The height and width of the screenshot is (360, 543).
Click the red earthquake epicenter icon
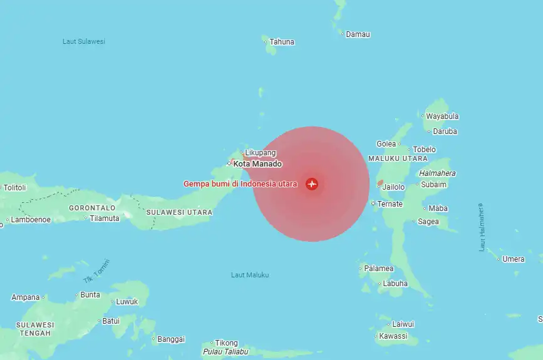click(x=312, y=184)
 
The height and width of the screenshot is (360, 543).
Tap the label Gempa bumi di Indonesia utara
click(x=240, y=184)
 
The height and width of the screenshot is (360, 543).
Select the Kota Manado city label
click(x=257, y=164)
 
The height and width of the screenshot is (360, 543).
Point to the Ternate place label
click(x=390, y=204)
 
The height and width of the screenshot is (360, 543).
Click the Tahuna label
click(x=282, y=42)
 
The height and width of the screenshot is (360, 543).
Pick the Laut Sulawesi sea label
click(x=84, y=41)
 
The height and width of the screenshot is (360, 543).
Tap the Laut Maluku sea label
click(x=250, y=275)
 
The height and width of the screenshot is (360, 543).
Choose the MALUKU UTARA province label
click(x=398, y=160)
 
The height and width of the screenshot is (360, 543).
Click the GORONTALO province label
click(x=92, y=207)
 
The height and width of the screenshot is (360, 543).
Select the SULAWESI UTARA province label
click(x=179, y=213)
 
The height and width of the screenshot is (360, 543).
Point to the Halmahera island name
click(x=437, y=173)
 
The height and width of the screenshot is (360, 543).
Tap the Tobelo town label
click(x=425, y=150)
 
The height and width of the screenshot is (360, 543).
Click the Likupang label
click(x=260, y=153)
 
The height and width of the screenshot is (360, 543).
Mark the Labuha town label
click(x=395, y=284)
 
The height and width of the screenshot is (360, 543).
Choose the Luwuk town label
click(x=127, y=302)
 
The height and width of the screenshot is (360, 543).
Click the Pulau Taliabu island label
click(x=225, y=352)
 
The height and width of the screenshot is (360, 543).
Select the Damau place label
click(x=358, y=34)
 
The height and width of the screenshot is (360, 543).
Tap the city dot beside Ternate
click(x=373, y=203)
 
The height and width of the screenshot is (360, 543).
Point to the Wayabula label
click(x=442, y=116)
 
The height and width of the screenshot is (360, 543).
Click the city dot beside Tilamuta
click(x=86, y=218)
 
